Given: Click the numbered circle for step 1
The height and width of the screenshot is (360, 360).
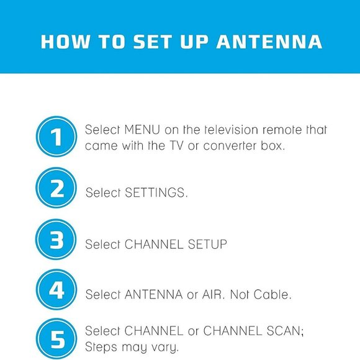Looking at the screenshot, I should pos(57,138).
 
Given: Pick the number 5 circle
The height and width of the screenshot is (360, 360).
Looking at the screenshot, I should pos(57,339).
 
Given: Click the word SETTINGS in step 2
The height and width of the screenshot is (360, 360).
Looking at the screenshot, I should pos(156,193).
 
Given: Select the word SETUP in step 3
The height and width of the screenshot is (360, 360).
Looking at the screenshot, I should pos(207,245).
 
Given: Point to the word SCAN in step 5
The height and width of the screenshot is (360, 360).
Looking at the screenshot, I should pos(282,331).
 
